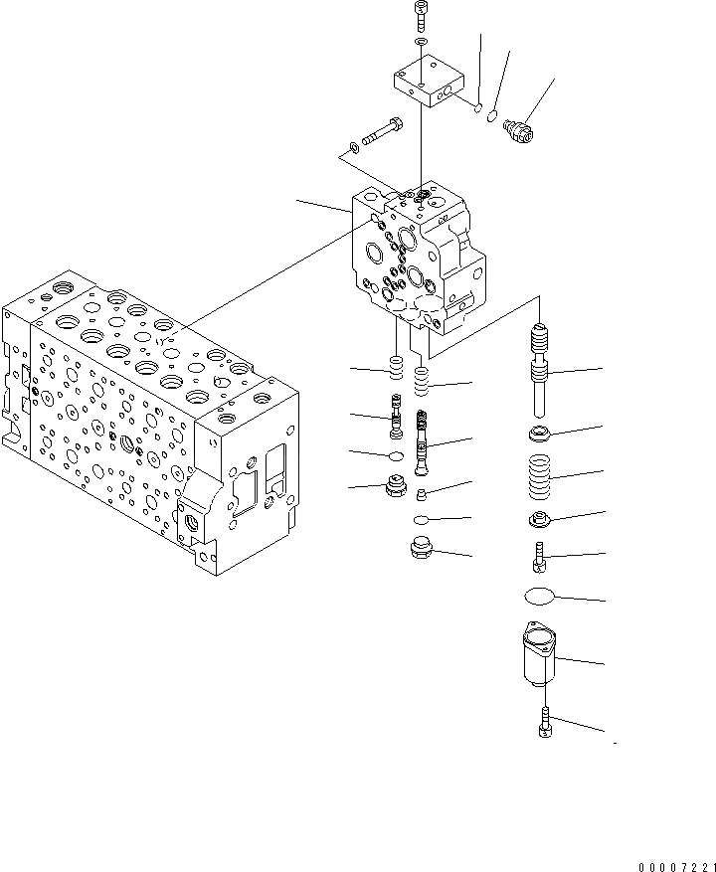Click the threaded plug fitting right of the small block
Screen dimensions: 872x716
518,130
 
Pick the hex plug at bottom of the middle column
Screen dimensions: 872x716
422,548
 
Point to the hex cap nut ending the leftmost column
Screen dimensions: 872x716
396,489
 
